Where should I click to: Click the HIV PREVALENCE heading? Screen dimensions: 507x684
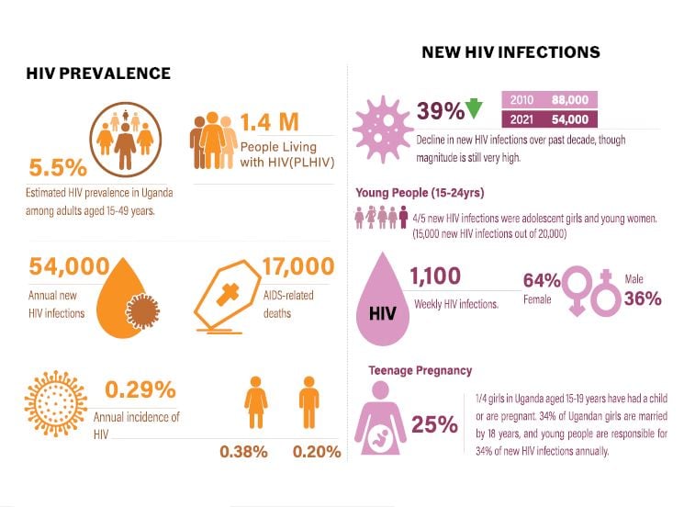pyautogui.click(x=98, y=73)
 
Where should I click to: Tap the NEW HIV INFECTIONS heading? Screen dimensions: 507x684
pyautogui.click(x=510, y=52)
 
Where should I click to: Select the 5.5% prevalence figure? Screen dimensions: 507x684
pyautogui.click(x=58, y=168)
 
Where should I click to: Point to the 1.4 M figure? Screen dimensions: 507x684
pyautogui.click(x=273, y=122)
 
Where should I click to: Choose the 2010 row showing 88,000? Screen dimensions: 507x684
pyautogui.click(x=549, y=99)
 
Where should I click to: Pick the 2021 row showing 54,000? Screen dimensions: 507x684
pyautogui.click(x=549, y=118)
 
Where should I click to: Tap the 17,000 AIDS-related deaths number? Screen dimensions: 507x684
pyautogui.click(x=297, y=266)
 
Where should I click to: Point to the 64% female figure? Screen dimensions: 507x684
pyautogui.click(x=542, y=280)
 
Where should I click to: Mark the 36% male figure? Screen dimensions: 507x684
pyautogui.click(x=643, y=298)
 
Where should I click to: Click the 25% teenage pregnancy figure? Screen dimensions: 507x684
pyautogui.click(x=434, y=424)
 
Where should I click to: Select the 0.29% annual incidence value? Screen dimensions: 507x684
pyautogui.click(x=140, y=389)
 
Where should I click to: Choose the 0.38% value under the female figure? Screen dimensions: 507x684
pyautogui.click(x=243, y=451)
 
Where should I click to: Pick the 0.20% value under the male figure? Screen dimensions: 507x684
pyautogui.click(x=317, y=451)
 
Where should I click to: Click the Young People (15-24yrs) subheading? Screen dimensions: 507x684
pyautogui.click(x=420, y=193)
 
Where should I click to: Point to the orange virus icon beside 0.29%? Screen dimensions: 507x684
pyautogui.click(x=58, y=404)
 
